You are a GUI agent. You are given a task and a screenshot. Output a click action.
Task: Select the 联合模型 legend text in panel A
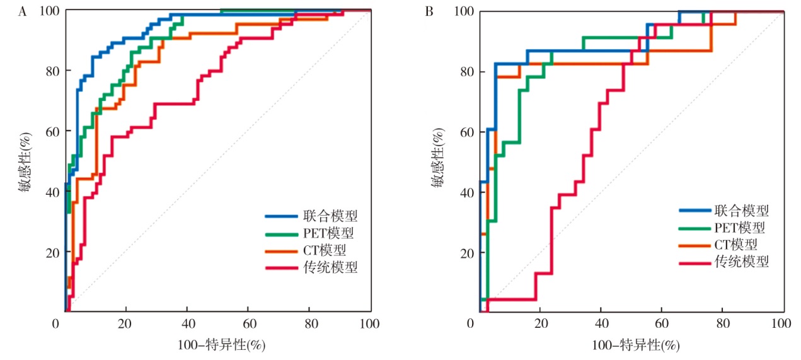point(334,216)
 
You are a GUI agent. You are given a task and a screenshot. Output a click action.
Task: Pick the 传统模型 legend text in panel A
point(334,267)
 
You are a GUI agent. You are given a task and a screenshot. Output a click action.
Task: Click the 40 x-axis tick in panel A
point(187,324)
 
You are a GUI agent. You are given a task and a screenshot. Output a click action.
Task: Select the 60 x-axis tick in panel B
point(660,324)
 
